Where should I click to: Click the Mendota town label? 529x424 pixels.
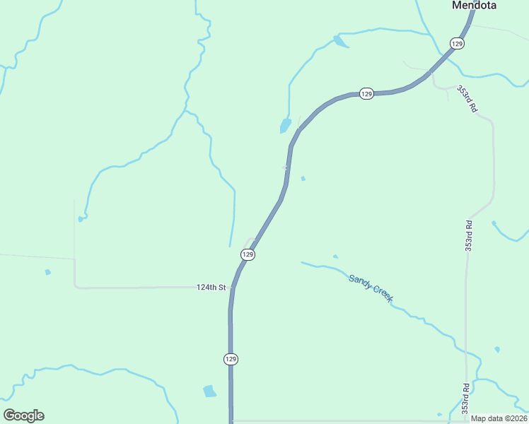(474, 6)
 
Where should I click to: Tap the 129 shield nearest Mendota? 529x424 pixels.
(457, 44)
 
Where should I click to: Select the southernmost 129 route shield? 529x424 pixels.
(231, 359)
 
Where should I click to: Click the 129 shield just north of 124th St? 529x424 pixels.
(248, 254)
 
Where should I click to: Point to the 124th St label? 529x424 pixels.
(211, 288)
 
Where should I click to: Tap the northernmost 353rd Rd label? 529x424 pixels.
(467, 100)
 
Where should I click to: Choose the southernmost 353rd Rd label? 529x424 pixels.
(465, 399)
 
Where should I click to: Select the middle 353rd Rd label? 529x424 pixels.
(468, 235)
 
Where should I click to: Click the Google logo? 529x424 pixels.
(23, 416)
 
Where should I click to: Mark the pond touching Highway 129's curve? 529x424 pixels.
(285, 126)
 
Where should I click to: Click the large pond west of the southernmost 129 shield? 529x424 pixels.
(209, 391)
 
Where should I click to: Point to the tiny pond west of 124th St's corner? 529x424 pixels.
(47, 272)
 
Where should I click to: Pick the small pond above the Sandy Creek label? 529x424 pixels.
(335, 257)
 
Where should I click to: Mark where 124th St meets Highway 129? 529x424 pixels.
(232, 288)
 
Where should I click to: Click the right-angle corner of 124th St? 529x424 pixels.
(75, 286)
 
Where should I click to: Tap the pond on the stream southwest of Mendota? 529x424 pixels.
(340, 42)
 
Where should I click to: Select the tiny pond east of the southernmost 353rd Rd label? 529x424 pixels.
(497, 349)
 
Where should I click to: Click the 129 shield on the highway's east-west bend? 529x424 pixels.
(366, 94)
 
